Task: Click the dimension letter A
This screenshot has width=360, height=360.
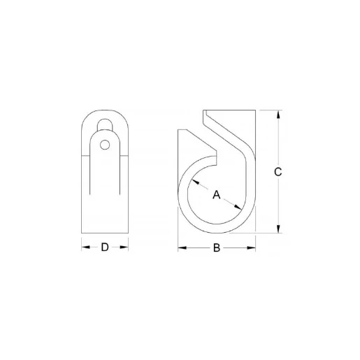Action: [x=217, y=195]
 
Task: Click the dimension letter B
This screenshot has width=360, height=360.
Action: [x=217, y=248]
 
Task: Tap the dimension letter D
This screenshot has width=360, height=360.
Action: [x=105, y=247]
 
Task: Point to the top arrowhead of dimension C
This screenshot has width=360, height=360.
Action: [x=279, y=114]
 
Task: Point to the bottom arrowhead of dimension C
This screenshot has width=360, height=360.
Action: [x=279, y=230]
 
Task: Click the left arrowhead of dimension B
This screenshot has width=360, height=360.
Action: [x=181, y=248]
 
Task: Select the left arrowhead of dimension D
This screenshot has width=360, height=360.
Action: [x=85, y=247]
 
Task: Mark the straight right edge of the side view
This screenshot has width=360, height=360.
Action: [x=255, y=175]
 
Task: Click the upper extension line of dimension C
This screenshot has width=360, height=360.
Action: [x=269, y=110]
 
